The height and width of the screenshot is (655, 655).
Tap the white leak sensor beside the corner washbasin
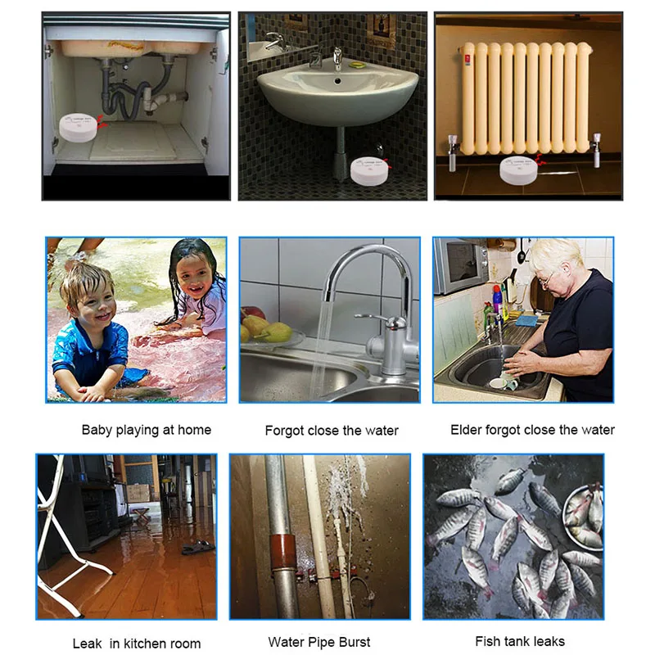368,170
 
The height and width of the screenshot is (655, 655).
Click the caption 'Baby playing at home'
147,430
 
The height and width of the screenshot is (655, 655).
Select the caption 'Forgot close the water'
332,431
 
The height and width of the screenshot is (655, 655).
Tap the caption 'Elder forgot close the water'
532,430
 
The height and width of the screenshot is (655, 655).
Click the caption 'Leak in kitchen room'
137,644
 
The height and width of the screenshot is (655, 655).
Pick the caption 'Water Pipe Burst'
319,642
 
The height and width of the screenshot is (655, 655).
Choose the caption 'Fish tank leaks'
520,641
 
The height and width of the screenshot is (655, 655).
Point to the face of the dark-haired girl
190,279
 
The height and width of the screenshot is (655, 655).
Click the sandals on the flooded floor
197,547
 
